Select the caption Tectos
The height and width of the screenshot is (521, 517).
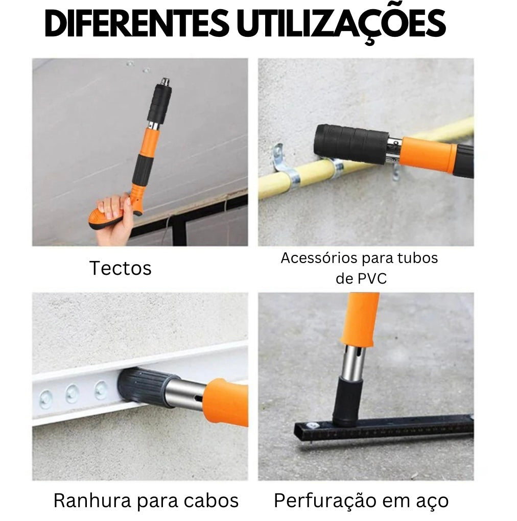[x=121, y=268]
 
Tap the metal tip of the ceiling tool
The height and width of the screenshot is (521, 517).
[x=165, y=82]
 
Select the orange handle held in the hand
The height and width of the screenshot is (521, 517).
[x=110, y=217]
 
